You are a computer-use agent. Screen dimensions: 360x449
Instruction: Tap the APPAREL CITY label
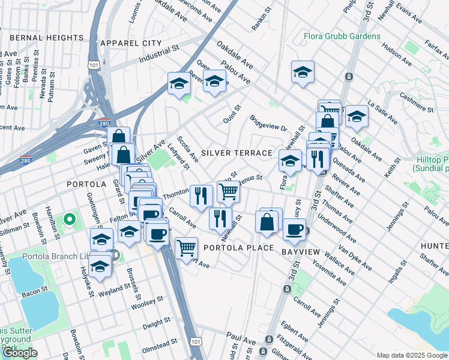point(131,43)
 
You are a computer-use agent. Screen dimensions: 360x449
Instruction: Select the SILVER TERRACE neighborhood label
point(237,153)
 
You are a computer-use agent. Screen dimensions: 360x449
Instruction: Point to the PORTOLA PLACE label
point(238,248)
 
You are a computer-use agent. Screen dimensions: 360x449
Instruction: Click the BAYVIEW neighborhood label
point(303,252)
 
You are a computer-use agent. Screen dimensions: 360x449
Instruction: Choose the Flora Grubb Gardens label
point(342,36)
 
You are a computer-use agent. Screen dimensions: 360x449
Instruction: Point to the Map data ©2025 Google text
point(412,355)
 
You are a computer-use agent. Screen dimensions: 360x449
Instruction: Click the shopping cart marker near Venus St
point(228,191)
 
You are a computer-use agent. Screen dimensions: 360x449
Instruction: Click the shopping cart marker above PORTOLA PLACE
point(187,246)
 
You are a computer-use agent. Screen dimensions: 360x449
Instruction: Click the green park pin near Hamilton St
point(70,220)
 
